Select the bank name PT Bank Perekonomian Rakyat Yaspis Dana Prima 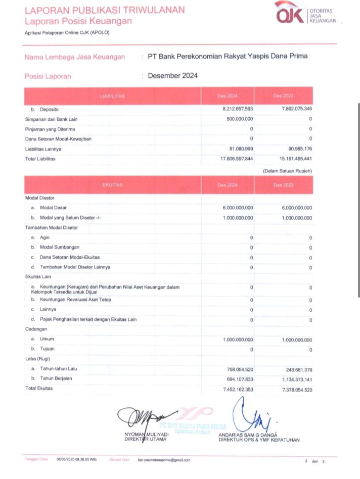228,56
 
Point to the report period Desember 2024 172,76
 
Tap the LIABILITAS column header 112,95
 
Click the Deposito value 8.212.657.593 238,109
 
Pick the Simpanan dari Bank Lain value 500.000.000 240,119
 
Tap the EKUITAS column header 112,185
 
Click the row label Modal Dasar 53,208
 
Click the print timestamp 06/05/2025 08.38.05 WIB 76,460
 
